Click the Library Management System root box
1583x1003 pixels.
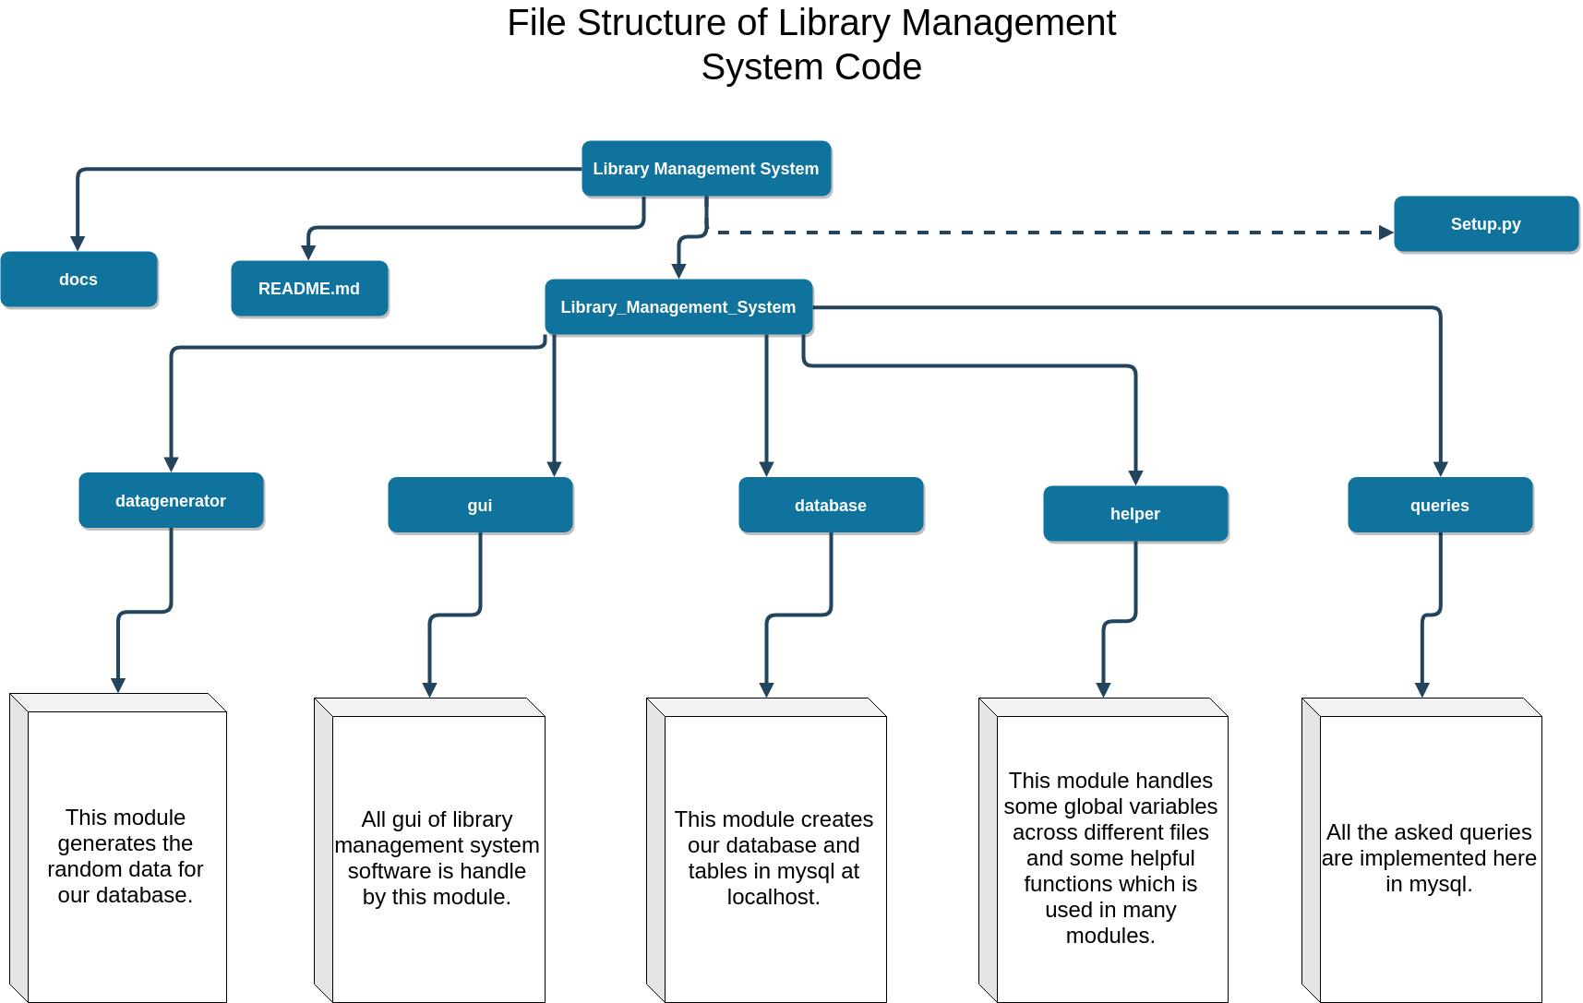(706, 169)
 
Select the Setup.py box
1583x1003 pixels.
(1485, 224)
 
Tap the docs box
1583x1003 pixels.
(78, 280)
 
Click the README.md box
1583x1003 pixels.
(309, 289)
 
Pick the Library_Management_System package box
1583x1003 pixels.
(678, 307)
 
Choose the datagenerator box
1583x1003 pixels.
(171, 501)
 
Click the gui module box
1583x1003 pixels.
(480, 506)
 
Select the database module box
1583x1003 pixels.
(831, 506)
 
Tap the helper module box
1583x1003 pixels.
(1135, 514)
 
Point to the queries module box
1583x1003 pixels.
(1440, 506)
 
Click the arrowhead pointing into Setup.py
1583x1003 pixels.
(1385, 233)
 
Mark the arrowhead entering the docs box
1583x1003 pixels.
(78, 244)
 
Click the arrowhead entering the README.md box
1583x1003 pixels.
(309, 253)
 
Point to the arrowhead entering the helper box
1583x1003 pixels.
(1135, 478)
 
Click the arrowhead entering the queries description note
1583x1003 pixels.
(1421, 690)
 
